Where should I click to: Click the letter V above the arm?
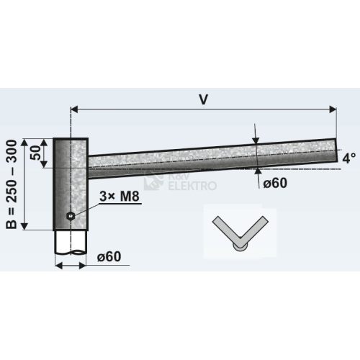click(x=203, y=99)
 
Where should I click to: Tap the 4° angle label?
click(x=349, y=158)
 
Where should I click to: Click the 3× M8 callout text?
click(x=120, y=197)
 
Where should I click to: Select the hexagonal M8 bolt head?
click(x=71, y=216)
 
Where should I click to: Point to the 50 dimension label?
click(x=36, y=153)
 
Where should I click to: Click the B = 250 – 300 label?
click(x=12, y=184)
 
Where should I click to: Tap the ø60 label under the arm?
click(x=275, y=183)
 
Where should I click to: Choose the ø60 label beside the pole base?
click(x=109, y=256)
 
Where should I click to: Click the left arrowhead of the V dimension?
click(x=75, y=109)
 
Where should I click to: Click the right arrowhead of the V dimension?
click(x=333, y=109)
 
